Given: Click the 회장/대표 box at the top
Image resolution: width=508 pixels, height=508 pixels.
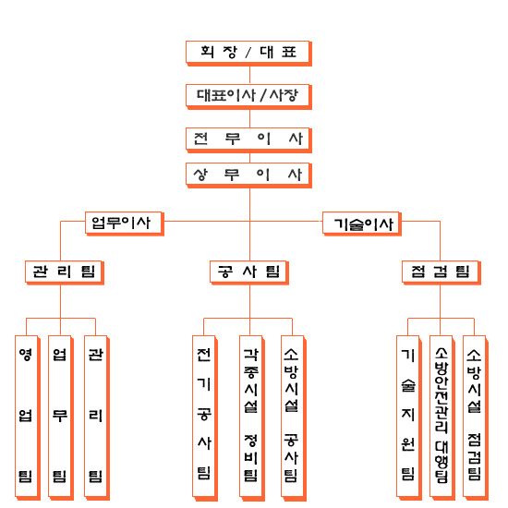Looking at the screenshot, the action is click(248, 54).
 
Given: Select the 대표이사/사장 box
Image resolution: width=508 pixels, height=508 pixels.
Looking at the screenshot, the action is click(248, 97).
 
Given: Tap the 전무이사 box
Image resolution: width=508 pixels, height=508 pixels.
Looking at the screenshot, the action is click(248, 140).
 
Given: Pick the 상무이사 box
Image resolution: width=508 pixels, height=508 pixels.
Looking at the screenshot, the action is click(248, 175).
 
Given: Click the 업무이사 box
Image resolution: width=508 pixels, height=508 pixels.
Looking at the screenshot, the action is click(125, 224).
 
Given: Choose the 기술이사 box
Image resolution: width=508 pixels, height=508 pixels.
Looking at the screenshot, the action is click(362, 224).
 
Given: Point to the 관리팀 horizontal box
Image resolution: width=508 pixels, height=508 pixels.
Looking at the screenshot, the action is click(65, 272).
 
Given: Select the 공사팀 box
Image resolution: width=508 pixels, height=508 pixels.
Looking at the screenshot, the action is click(249, 272).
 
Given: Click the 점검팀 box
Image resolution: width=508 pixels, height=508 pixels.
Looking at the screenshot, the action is click(441, 272).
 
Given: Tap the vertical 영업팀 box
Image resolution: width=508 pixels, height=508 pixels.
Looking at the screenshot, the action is click(28, 417).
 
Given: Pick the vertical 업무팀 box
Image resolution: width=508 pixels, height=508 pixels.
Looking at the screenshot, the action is click(61, 417).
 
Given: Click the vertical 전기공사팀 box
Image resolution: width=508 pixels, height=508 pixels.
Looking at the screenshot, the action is click(205, 417).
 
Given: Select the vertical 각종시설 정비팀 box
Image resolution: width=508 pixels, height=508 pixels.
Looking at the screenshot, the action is click(252, 417).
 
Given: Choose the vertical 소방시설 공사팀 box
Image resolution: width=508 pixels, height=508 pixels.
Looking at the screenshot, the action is click(294, 417).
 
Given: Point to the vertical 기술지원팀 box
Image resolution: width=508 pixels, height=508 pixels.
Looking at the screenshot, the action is click(409, 417).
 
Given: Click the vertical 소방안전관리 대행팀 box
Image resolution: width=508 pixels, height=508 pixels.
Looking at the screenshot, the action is click(442, 417).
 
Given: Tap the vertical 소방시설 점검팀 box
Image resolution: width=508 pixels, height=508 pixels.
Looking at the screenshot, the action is click(476, 417).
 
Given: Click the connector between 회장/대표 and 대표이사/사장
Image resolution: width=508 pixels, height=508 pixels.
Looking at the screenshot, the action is click(249, 75).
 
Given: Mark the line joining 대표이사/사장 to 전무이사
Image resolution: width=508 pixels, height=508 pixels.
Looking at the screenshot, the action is click(249, 118).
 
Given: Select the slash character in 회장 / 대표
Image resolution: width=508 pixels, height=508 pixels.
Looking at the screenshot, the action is click(248, 52).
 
